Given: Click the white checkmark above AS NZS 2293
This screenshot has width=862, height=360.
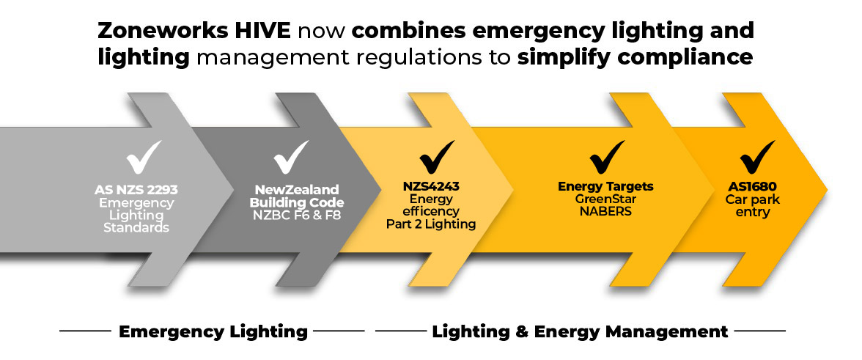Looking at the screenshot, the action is point(143,158).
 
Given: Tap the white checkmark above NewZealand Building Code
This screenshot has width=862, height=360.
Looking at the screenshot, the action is point(291,158).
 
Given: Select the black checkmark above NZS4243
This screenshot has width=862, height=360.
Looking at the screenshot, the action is point(437,158).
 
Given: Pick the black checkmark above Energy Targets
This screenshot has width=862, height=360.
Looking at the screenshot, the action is point(607,158).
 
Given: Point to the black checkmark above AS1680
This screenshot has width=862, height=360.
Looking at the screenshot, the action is point(758,158).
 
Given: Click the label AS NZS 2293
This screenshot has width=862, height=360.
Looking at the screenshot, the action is point(136,190).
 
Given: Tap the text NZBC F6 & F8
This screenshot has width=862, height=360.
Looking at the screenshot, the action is point(297,216).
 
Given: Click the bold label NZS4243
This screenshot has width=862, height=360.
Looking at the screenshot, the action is point(431,187).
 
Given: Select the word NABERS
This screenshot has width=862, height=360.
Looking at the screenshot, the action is point(605,211).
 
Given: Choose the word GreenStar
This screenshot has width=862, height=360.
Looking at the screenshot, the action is point(605,199).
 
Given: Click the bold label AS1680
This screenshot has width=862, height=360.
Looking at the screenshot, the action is point(753,187).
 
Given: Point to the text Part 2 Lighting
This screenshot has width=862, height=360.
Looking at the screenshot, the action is point(431,224).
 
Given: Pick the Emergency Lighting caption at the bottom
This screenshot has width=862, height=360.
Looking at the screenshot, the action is point(213,331).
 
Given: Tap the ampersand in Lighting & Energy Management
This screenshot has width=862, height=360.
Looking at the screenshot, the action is point(517,331).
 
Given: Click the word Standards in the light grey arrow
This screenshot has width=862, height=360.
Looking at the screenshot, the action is point(136,227).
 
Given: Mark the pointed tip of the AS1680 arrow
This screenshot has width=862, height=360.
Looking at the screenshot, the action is point(827,190).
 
